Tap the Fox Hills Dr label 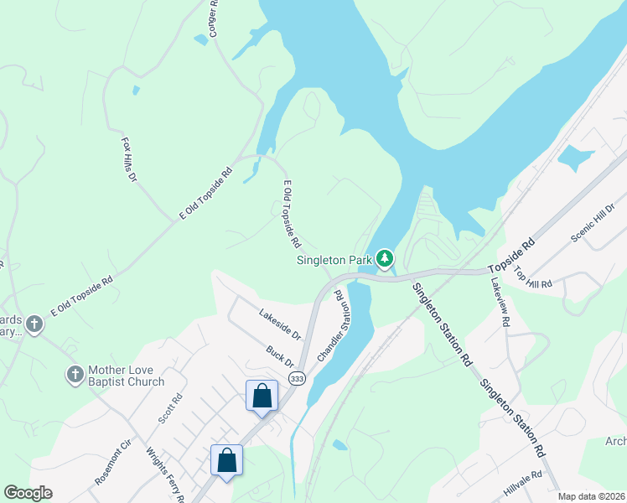(x=128, y=161)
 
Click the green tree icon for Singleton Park (x=385, y=259)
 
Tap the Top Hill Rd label (x=533, y=277)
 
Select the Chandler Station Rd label (x=329, y=328)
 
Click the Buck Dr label (x=280, y=357)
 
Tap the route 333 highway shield (x=297, y=379)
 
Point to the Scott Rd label (x=168, y=409)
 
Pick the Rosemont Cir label (x=112, y=462)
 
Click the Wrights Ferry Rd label (x=165, y=474)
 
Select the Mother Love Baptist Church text (x=127, y=376)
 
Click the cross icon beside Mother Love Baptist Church (x=75, y=374)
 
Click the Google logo (x=28, y=493)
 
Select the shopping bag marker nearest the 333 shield (x=262, y=395)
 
